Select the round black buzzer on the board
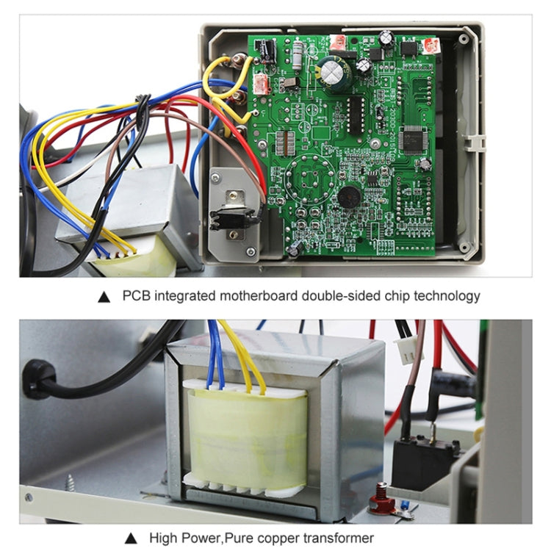coord(349,196)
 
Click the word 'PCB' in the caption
coord(135,296)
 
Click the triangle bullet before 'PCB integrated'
coord(104,297)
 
